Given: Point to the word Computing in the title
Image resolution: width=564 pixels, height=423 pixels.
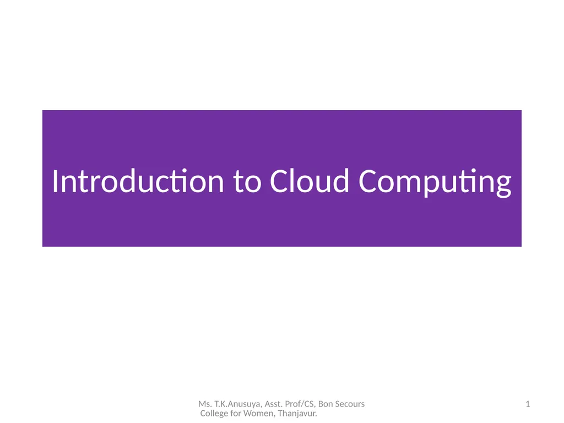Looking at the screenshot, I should point(435,182).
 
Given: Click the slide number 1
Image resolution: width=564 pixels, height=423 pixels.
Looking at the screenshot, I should point(528,404).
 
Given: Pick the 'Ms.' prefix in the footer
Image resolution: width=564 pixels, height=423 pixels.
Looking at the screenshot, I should point(204,404).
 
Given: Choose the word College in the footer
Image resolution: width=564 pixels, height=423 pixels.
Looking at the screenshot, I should point(213,414).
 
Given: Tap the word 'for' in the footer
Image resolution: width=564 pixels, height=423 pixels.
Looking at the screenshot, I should point(235,414).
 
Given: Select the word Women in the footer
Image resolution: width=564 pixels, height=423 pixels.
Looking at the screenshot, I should point(256,414).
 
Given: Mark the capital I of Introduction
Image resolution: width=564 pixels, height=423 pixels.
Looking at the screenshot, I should point(55,182).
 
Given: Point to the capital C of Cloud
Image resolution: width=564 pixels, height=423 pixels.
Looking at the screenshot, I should point(279,182).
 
